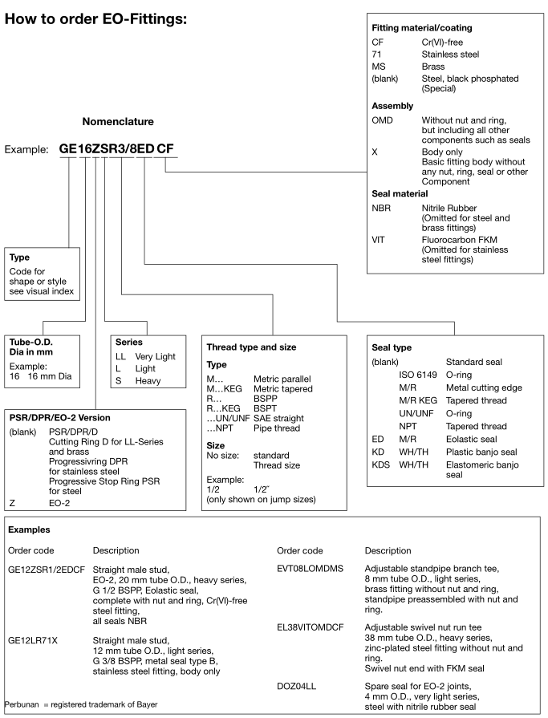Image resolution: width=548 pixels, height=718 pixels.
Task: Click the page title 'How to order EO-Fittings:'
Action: (x=96, y=17)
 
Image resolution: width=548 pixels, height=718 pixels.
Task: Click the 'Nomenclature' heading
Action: (x=118, y=122)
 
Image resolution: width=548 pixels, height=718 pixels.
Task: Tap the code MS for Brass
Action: (x=378, y=67)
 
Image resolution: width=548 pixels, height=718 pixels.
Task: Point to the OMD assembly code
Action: (x=383, y=119)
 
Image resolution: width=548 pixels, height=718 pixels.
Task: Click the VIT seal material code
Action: (x=380, y=239)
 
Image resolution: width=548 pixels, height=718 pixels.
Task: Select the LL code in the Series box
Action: (x=122, y=356)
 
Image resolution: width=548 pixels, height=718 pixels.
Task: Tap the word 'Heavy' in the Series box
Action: (x=148, y=380)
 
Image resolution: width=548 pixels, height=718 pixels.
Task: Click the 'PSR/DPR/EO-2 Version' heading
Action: (x=59, y=418)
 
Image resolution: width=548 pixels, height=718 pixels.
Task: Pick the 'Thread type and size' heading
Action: (x=251, y=347)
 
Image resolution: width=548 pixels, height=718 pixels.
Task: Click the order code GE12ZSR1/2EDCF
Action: (x=46, y=569)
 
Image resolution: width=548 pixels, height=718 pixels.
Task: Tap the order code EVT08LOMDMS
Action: (x=311, y=569)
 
